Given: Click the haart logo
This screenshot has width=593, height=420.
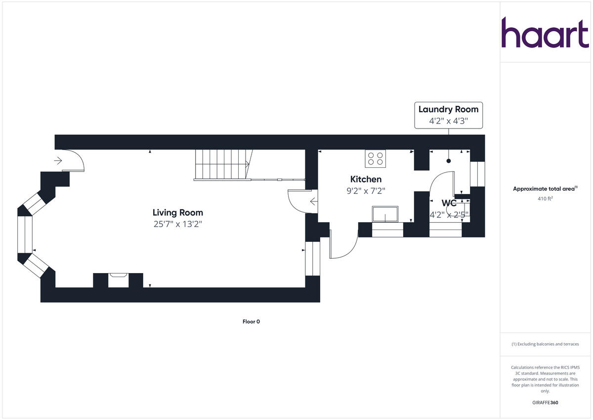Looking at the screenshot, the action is click(545, 33).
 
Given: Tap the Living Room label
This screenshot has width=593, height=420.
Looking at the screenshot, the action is click(177, 213).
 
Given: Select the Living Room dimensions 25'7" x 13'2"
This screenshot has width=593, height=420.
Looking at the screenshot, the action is click(177, 224).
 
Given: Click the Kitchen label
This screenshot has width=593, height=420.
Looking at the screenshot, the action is click(366, 179).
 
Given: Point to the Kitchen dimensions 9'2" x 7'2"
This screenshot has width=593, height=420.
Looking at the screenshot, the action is click(366, 190).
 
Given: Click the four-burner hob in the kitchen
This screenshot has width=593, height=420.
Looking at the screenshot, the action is click(375, 158).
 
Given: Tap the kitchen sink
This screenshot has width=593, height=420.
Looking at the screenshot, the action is click(384, 215).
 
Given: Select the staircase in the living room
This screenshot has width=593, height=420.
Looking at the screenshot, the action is click(222, 165).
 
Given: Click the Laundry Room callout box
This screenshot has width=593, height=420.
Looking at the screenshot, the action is click(448, 115).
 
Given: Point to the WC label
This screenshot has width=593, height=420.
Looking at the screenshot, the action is click(449, 203).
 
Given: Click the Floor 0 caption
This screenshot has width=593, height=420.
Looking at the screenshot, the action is click(251, 322).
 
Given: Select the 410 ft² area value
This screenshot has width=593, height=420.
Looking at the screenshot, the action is click(545, 199).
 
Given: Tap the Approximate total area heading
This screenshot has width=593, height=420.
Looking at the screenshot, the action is click(545, 188).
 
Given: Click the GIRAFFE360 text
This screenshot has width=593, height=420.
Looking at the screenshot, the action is click(545, 403).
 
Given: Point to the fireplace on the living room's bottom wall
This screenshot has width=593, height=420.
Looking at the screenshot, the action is click(118, 280).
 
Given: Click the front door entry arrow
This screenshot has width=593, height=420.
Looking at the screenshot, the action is click(58, 160).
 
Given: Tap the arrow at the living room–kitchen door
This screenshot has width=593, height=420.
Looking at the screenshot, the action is click(313, 201).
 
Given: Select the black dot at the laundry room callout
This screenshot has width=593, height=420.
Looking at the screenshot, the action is click(449, 161).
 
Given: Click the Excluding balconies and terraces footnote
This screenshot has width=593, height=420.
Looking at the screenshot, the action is click(545, 344).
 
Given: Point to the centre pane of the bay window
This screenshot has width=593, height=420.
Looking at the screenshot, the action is click(25, 234).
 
